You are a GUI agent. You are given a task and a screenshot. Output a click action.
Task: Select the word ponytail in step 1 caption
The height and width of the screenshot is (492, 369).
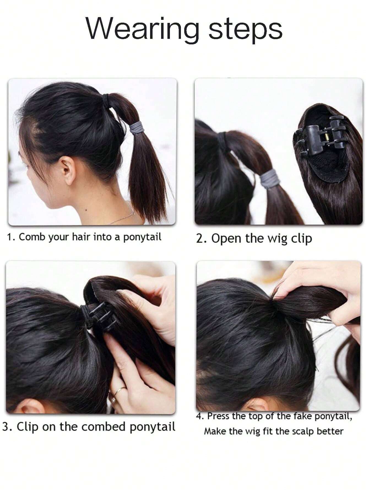click(142, 237)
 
